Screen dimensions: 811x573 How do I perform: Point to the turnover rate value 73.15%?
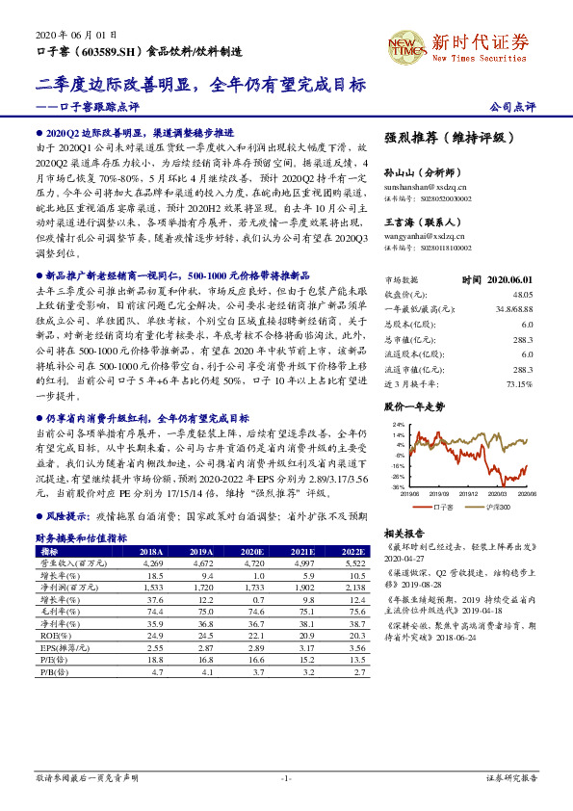[x=518, y=383]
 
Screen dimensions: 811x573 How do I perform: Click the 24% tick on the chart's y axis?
[x=398, y=424]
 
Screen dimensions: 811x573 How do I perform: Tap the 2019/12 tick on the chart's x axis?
[x=469, y=493]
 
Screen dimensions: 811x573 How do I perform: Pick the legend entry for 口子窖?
[x=443, y=506]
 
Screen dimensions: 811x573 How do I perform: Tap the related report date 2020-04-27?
[x=404, y=557]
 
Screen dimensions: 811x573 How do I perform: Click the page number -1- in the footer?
[x=286, y=777]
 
